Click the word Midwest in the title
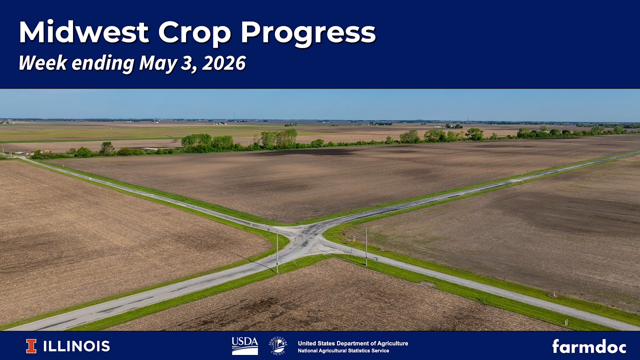(x=83, y=31)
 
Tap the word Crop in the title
(x=194, y=33)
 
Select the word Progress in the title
(x=308, y=33)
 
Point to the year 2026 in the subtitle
(x=223, y=63)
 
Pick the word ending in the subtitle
(x=103, y=63)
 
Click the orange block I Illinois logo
(x=31, y=346)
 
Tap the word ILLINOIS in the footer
(x=76, y=346)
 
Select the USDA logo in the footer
(x=245, y=345)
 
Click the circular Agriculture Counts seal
(x=277, y=345)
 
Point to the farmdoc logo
(x=589, y=346)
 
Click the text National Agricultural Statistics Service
(x=343, y=350)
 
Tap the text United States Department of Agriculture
(x=353, y=343)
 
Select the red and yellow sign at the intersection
(x=354, y=238)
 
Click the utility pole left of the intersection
(x=277, y=251)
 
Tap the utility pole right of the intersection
(x=366, y=246)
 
